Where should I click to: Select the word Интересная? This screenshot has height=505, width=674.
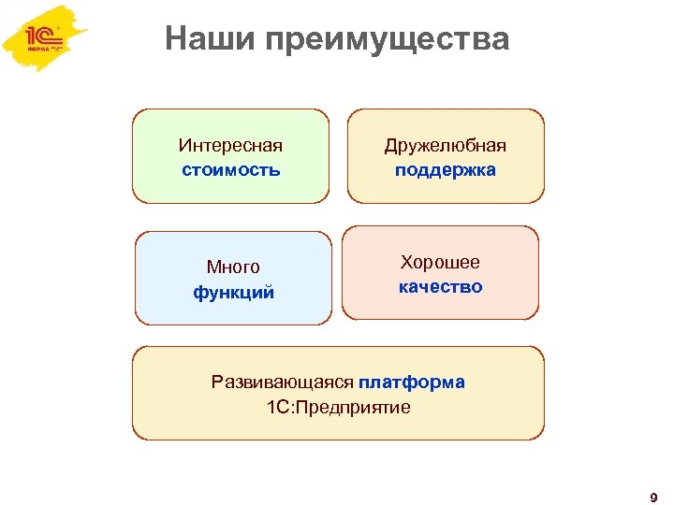click(230, 146)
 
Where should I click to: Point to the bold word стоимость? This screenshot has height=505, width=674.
click(230, 170)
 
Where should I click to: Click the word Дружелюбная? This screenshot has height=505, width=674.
click(446, 146)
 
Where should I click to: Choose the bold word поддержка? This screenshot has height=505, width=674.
click(446, 170)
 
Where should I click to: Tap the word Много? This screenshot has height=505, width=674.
click(233, 267)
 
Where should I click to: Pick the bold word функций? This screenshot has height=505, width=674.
click(233, 292)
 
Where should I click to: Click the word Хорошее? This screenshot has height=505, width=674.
click(440, 262)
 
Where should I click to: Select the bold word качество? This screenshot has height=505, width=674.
click(440, 286)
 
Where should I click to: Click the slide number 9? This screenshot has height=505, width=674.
click(652, 495)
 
